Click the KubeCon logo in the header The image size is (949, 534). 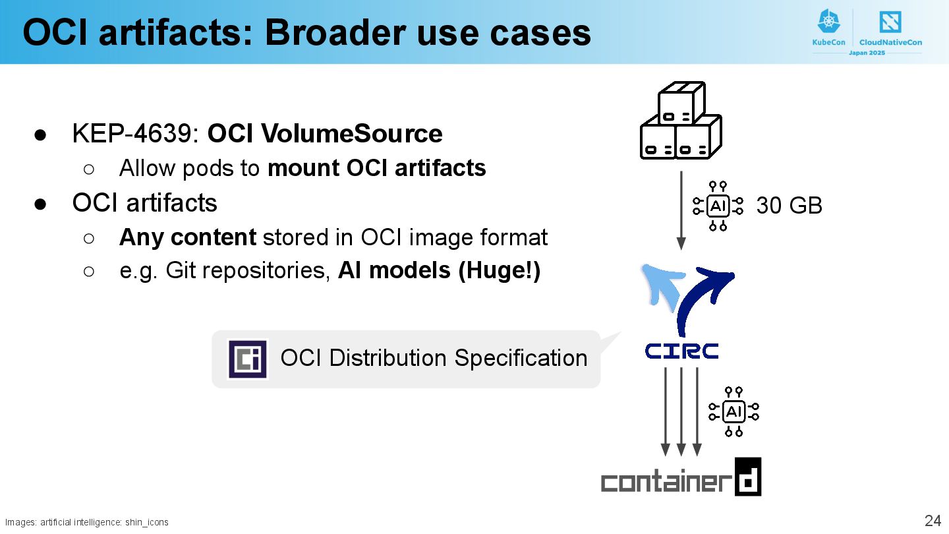click(828, 28)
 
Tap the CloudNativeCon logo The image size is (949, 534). click(890, 28)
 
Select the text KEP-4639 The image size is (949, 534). click(136, 134)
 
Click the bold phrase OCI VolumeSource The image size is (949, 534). click(325, 134)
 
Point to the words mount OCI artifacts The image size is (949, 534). click(376, 168)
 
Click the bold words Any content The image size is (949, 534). click(187, 237)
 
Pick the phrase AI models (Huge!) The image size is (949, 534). click(439, 271)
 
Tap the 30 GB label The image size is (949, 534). click(789, 206)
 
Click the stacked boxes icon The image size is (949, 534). click(681, 121)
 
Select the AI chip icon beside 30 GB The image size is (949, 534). click(718, 206)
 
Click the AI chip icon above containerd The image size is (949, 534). click(733, 412)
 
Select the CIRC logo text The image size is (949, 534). click(681, 351)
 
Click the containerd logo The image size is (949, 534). click(681, 478)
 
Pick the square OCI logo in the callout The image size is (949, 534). click(247, 359)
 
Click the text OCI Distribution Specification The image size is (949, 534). click(434, 358)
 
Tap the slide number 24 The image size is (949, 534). click(933, 521)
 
